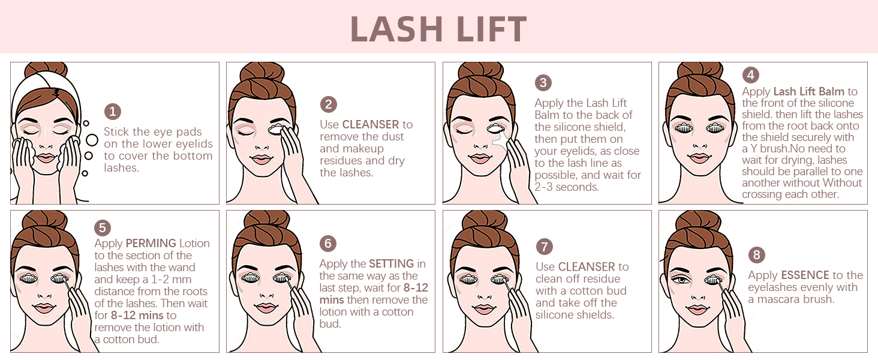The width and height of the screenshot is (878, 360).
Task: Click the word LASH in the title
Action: coord(393,28)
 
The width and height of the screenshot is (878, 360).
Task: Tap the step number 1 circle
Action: coord(112,112)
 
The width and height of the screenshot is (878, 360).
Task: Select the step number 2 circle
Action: coord(328,104)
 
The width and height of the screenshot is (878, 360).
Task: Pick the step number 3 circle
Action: coord(543,83)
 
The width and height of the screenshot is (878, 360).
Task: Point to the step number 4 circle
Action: coord(750,75)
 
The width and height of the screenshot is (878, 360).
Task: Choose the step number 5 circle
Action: coord(103,228)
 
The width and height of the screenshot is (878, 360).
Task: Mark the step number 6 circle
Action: coord(327,244)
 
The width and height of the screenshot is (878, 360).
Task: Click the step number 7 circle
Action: coord(544,247)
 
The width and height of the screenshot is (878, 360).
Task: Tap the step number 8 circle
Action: coord(756,255)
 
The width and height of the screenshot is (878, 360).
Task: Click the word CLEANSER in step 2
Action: coord(370,125)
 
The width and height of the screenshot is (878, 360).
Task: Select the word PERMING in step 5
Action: coord(151,244)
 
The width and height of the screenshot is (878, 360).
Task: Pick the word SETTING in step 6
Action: coord(391,264)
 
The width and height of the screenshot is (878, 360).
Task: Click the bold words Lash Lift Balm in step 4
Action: coord(808,92)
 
